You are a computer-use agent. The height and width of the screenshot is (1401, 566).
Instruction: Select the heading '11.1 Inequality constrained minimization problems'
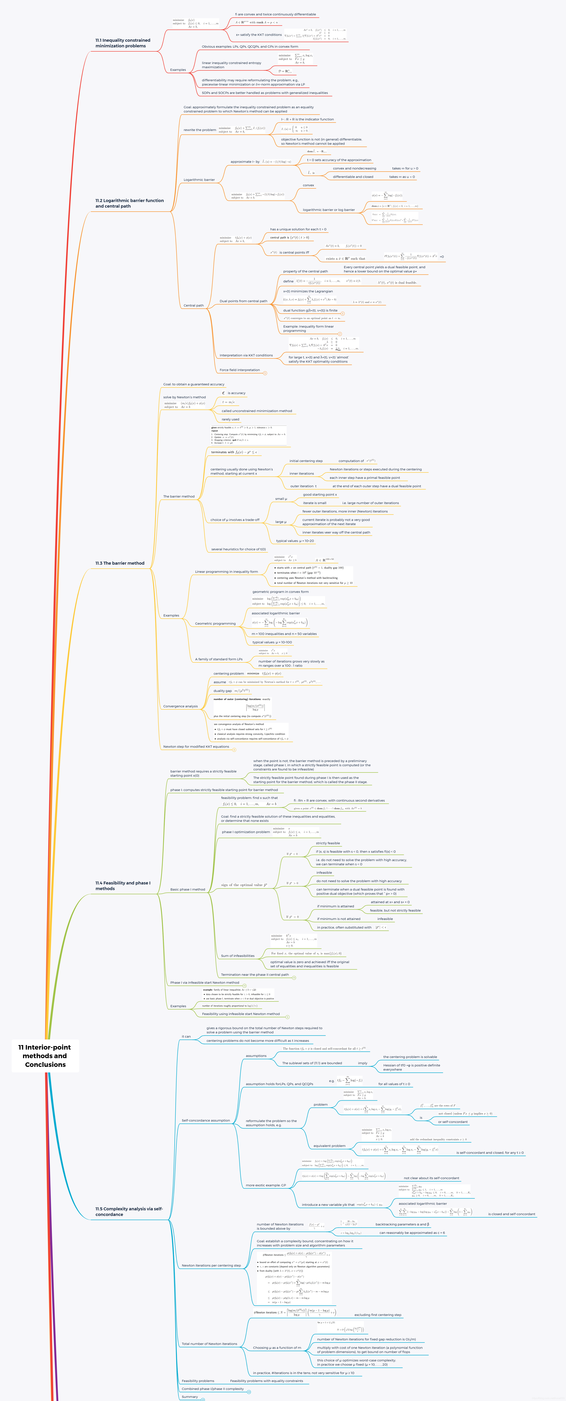tap(123, 43)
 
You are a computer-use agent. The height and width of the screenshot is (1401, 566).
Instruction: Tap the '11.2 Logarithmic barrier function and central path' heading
tap(130, 203)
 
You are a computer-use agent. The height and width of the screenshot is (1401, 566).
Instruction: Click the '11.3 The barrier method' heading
tap(120, 563)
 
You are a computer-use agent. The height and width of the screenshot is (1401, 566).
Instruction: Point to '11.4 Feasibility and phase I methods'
tap(123, 885)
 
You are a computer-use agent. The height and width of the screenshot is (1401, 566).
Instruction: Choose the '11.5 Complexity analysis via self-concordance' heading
tap(129, 1211)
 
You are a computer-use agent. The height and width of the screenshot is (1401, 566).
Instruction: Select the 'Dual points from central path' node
tap(243, 301)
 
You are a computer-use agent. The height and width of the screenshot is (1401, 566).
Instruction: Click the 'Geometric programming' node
tap(216, 624)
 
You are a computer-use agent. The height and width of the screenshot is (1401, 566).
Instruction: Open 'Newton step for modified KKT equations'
tap(196, 747)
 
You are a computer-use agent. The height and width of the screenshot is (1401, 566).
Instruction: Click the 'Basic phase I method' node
tap(188, 890)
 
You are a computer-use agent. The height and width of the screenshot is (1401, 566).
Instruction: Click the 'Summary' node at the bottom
tap(190, 1397)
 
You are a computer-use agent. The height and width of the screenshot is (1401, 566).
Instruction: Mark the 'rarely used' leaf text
tap(230, 419)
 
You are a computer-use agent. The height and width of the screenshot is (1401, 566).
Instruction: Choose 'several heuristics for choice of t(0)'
tap(238, 549)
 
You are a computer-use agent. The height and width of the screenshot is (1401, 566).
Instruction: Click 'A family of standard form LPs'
tap(219, 659)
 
